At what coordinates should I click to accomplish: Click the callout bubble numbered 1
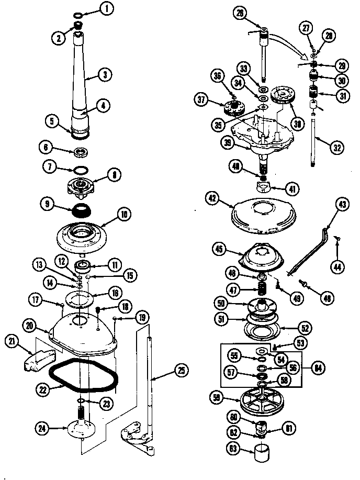108,8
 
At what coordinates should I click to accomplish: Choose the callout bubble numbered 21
11,342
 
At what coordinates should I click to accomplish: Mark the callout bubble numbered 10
125,214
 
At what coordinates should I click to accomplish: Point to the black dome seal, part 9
80,210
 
